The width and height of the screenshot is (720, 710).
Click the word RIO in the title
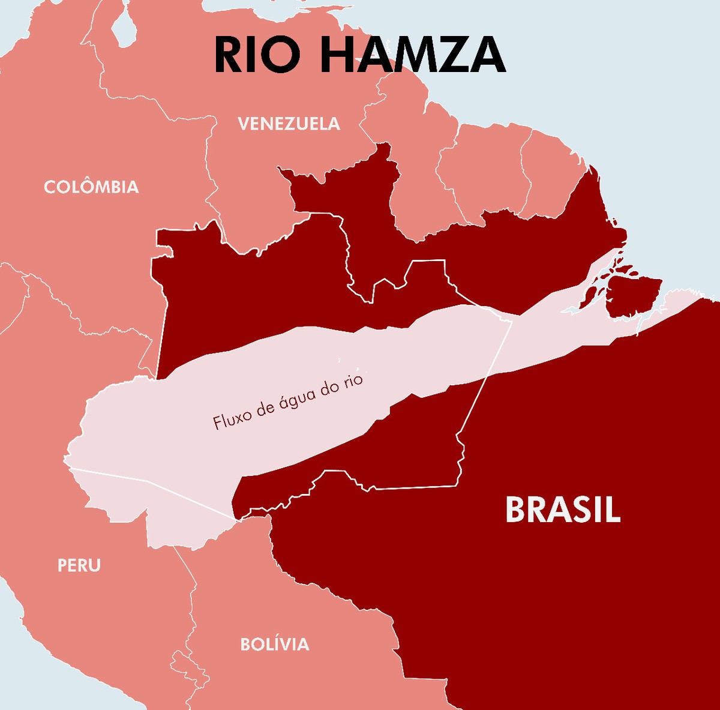257,55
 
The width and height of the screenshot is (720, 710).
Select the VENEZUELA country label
289,124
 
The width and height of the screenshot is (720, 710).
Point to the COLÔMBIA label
91,187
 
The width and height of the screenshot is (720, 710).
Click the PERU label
79,565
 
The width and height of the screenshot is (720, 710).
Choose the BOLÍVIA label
275,645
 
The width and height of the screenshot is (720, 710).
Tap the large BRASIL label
562,510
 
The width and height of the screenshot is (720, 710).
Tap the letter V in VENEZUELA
244,124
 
